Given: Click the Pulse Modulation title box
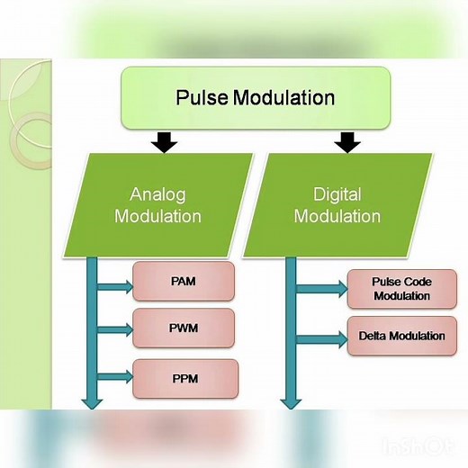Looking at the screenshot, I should point(256,97).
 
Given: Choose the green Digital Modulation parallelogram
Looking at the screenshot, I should point(337,205).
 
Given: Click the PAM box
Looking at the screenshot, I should point(184,282).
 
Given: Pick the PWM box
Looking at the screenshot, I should point(184,328).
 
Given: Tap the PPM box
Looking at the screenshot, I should point(184,379).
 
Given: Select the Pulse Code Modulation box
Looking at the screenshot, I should point(400,289).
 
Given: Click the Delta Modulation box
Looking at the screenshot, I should point(400,337).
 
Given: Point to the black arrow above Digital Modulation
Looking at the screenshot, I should point(346,141).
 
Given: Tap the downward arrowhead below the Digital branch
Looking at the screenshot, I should point(291,400).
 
